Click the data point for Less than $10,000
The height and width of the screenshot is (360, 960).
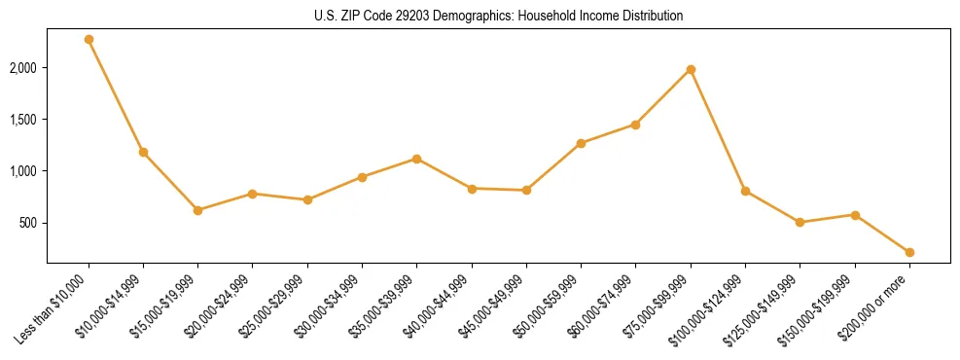point(89,40)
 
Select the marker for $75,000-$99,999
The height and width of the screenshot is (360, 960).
point(691,70)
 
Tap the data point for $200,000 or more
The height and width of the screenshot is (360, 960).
point(909,252)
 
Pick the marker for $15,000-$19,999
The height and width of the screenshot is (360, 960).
point(197,210)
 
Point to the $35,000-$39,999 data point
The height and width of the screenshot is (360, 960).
point(416,159)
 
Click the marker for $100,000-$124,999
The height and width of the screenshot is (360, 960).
point(745,191)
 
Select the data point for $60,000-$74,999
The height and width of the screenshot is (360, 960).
point(635,125)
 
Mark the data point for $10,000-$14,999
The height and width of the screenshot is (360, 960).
point(143,152)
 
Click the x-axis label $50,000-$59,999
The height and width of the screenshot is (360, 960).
point(551,306)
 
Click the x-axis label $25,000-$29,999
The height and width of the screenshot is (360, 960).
point(277,306)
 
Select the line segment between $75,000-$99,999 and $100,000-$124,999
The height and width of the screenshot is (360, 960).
point(718,130)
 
